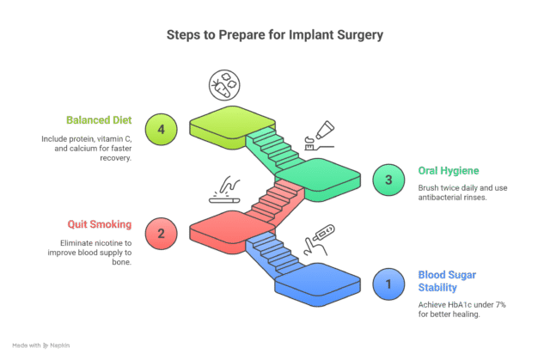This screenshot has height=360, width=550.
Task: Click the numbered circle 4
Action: point(161,129)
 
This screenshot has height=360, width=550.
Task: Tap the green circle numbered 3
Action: point(388,180)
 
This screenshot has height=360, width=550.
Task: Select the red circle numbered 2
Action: point(161,232)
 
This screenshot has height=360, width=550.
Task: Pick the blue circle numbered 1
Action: point(388,283)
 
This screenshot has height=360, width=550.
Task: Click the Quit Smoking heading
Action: point(101,224)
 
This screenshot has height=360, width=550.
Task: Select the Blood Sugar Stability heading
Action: point(448,280)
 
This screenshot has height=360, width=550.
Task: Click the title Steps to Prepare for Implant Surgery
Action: point(275,36)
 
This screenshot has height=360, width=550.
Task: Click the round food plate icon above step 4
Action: point(224,86)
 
